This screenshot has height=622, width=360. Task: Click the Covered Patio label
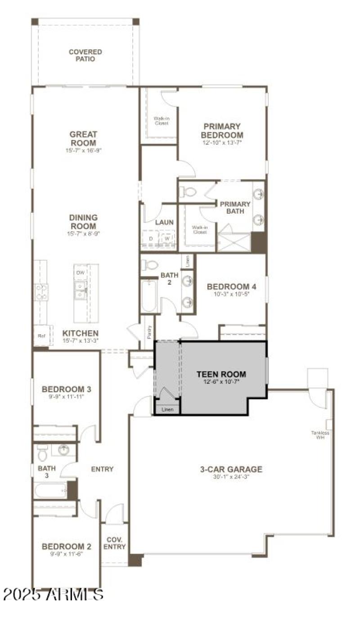coord(85,55)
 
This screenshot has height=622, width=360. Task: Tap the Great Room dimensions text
coord(83,151)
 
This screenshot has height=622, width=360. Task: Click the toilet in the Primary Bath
coord(188,192)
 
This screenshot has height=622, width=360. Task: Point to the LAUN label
coord(164,222)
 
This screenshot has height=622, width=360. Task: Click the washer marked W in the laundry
coord(166,238)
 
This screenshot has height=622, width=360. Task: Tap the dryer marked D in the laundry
coord(151,238)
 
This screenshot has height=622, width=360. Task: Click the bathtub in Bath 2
coord(149,295)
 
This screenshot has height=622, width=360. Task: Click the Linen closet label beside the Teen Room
coord(167,409)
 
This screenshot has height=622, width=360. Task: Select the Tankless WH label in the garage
coord(320,435)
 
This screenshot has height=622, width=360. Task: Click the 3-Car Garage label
coord(231,470)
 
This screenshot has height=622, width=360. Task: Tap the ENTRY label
coord(102,469)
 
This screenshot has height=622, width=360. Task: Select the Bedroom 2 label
coord(67,546)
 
